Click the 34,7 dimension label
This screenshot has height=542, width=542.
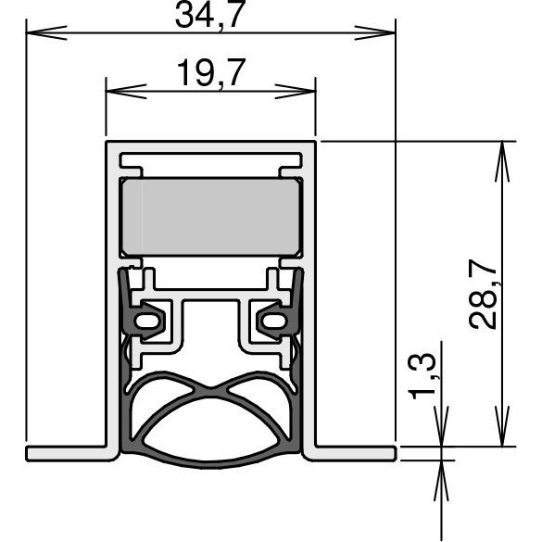pyautogui.click(x=210, y=15)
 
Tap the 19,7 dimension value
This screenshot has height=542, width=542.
pyautogui.click(x=211, y=72)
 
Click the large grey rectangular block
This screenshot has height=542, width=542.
pyautogui.click(x=210, y=217)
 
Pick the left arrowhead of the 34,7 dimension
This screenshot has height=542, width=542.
pyautogui.click(x=46, y=32)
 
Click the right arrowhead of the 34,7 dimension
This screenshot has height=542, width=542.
pyautogui.click(x=375, y=32)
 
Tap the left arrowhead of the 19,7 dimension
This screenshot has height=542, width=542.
pyautogui.click(x=126, y=92)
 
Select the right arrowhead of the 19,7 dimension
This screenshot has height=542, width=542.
pyautogui.click(x=296, y=92)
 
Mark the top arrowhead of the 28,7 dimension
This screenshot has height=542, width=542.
pyautogui.click(x=502, y=161)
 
